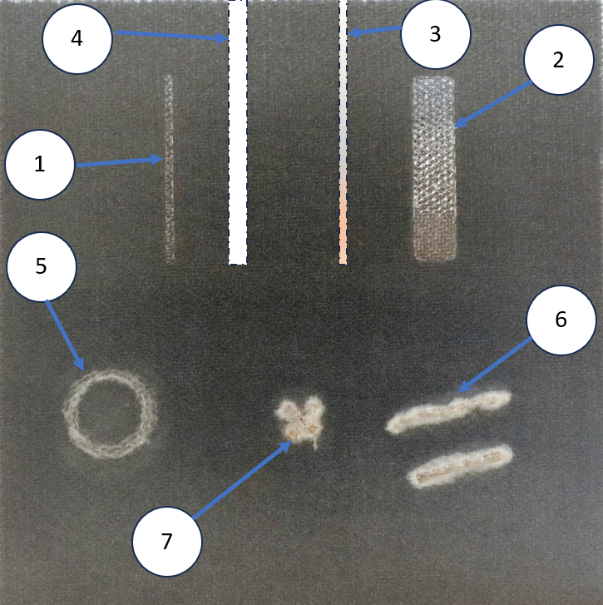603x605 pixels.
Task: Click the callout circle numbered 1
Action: pos(39,165)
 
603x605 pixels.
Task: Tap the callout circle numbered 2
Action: pos(558,60)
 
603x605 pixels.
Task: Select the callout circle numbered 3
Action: pos(436,34)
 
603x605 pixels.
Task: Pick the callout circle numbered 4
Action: pos(77,38)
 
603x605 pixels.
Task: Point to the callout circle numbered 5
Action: pos(42,266)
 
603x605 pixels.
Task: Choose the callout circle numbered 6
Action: pos(561,320)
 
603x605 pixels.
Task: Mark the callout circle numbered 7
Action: pos(167,541)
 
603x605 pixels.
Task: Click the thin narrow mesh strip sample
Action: pos(169,169)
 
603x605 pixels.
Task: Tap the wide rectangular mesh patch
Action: pos(434,168)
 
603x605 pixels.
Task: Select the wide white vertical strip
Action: pos(238,132)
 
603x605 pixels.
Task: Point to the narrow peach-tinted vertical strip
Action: pos(343,132)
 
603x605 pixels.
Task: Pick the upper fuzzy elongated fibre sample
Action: pos(449,412)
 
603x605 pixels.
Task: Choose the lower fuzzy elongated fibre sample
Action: pos(461,466)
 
